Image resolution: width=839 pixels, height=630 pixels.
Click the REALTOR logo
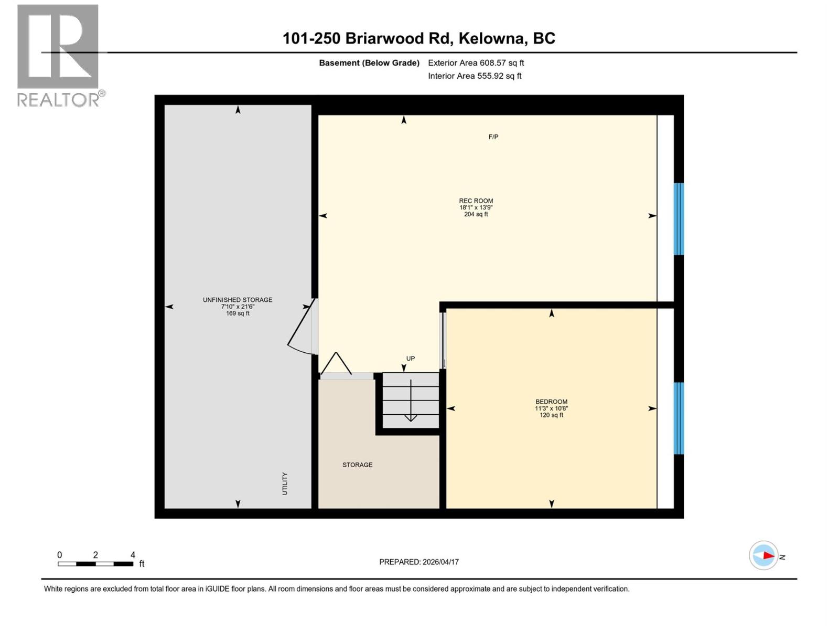[x=59, y=55]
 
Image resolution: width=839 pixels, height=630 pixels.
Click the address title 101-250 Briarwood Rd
[x=418, y=38]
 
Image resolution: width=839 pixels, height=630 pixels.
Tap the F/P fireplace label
[x=493, y=137]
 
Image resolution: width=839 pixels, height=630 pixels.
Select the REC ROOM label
[x=476, y=201]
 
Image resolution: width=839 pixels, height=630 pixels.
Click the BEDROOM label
[x=551, y=402]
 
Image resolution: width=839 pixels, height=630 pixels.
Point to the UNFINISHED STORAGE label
[x=238, y=300]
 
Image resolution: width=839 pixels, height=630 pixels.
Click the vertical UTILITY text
[x=285, y=484]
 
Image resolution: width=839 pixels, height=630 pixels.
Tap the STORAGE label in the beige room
[x=357, y=465]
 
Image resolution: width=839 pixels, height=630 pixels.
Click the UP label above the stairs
[x=410, y=359]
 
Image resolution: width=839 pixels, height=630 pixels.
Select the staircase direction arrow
[x=411, y=402]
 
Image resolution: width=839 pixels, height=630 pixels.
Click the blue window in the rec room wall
[x=679, y=219]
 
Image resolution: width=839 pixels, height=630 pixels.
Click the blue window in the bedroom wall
[x=679, y=418]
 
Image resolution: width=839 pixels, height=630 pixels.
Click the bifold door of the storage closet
[x=336, y=364]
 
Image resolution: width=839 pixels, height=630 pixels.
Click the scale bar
[x=95, y=564]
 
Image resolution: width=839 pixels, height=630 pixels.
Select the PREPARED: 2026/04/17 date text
[x=418, y=562]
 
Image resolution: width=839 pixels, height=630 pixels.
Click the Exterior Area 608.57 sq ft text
[x=476, y=63]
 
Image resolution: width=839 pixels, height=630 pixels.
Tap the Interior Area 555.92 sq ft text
[x=475, y=76]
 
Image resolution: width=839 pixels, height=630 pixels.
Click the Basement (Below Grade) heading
[x=369, y=63]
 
